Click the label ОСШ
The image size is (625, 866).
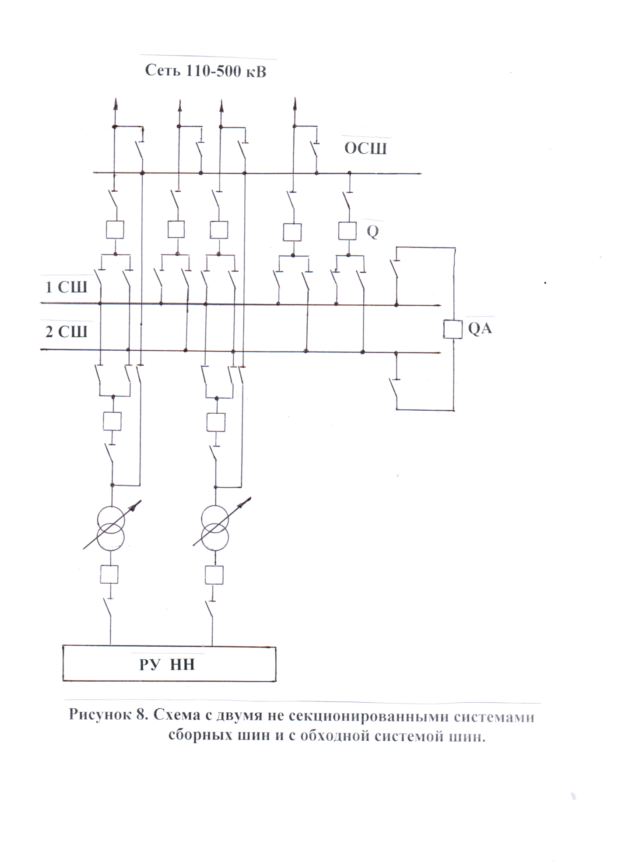click(x=365, y=149)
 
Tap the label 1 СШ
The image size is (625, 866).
click(x=67, y=287)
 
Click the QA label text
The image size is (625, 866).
click(x=480, y=328)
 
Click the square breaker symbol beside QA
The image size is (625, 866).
click(x=453, y=329)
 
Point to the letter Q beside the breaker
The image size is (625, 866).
click(x=372, y=232)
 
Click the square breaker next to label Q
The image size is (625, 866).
click(x=347, y=231)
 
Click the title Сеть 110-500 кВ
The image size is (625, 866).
click(x=206, y=70)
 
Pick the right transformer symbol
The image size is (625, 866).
click(x=215, y=527)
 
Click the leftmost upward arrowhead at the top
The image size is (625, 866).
click(x=116, y=104)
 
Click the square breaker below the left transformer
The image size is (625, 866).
click(x=109, y=574)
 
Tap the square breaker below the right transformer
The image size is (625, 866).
click(x=214, y=574)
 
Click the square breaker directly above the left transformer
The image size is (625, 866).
click(x=112, y=421)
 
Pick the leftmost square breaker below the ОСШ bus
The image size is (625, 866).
click(x=115, y=229)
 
